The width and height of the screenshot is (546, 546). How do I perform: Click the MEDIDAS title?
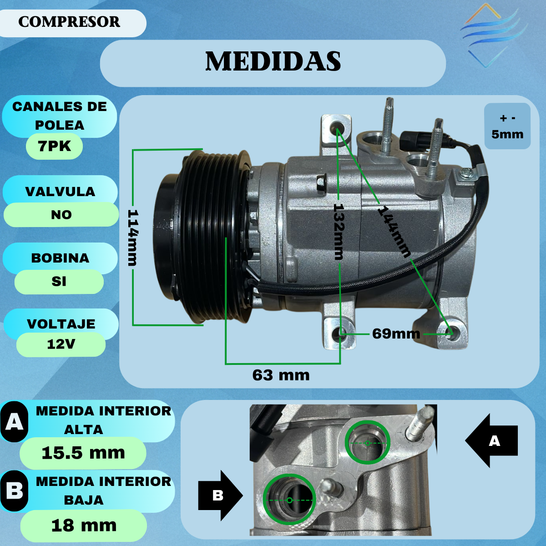[273, 61]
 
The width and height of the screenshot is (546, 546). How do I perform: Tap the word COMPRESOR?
[69, 22]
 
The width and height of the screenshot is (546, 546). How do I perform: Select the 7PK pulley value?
[54, 146]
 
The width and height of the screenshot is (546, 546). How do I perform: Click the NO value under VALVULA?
[61, 215]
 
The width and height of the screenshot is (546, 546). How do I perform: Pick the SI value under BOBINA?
[59, 282]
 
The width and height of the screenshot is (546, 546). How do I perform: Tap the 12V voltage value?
[61, 344]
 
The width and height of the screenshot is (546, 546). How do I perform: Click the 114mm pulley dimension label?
[133, 238]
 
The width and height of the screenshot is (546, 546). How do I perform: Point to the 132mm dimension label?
[339, 232]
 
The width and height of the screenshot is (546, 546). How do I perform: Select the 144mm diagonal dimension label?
[394, 232]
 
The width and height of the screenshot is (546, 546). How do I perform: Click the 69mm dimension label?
[396, 334]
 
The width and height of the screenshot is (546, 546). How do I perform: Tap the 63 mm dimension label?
[281, 375]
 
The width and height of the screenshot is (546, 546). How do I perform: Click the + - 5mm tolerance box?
[507, 126]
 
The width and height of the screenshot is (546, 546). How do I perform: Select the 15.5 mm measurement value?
[83, 453]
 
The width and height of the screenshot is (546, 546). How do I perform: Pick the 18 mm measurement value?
[84, 526]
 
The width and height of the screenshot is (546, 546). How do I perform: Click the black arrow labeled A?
[491, 440]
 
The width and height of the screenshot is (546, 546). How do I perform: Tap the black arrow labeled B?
[220, 495]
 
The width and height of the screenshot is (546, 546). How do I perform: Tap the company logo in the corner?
[494, 35]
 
